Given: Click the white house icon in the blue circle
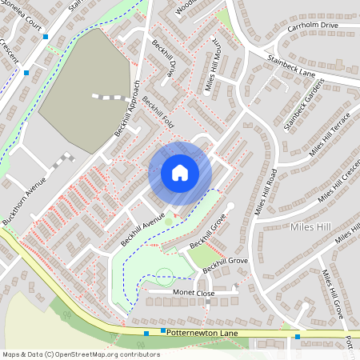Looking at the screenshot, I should click(180, 173).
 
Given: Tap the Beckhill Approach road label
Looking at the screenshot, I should click(128, 108).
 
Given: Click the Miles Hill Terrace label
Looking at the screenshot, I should click(330, 134).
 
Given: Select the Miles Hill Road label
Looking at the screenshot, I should click(266, 192).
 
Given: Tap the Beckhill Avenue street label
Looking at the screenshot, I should click(142, 230).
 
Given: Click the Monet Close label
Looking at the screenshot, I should click(194, 293).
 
